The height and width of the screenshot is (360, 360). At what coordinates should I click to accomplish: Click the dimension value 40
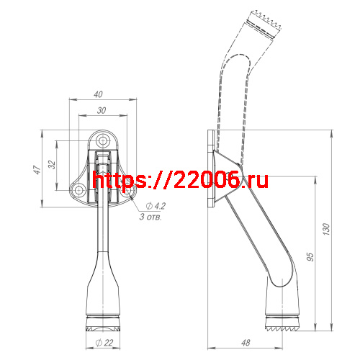98,94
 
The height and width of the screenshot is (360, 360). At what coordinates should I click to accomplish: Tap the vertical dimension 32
53,164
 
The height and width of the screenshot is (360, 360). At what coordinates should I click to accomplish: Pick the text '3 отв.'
150,216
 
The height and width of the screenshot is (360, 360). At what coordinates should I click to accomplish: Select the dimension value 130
326,230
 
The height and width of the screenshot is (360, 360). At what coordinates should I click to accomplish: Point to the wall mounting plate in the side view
209,169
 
